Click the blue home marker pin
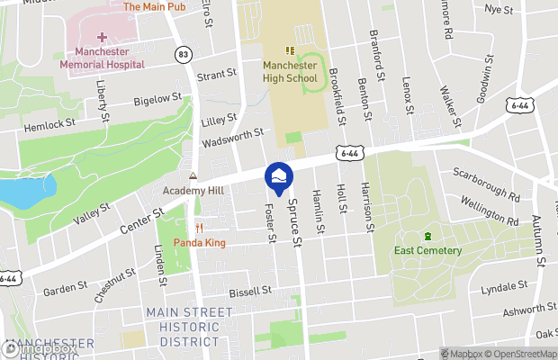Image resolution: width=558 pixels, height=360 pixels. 279,176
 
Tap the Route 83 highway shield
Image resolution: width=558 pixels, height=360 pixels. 184,55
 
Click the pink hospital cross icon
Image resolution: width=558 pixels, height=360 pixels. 102,38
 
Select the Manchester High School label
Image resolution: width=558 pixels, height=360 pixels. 291,72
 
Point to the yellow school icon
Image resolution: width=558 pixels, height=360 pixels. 291,50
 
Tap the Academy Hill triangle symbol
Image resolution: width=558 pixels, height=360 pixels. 193,175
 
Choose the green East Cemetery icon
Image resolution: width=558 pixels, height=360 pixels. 427,236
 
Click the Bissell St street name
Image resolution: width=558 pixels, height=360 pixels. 250,291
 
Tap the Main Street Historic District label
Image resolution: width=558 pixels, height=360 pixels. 189,326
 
